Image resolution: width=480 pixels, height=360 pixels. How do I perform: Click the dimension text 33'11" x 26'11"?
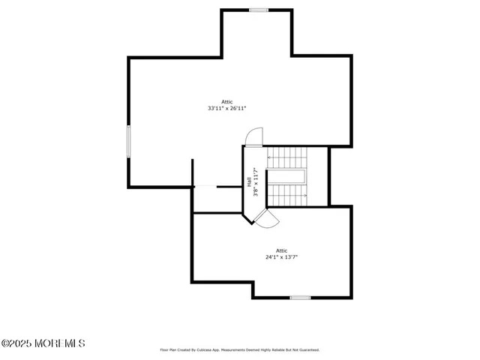(226, 109)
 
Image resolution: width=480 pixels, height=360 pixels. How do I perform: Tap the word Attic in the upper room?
(226, 101)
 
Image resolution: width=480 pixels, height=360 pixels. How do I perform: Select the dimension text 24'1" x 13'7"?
(281, 257)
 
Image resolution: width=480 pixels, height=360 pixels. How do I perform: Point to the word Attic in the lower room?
(281, 250)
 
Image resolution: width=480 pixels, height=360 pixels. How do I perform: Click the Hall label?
(249, 182)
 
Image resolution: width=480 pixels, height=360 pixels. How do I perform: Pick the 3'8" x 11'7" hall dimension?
(256, 182)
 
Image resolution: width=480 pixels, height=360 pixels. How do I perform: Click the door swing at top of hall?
(253, 136)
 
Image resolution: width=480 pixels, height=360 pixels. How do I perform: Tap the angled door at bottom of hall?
(265, 217)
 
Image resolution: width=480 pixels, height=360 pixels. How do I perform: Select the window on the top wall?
(259, 10)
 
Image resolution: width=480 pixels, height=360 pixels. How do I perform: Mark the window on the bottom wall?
(300, 298)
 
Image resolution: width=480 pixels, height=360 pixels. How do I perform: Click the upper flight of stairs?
(288, 157)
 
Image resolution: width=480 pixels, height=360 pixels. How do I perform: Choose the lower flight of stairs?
(288, 195)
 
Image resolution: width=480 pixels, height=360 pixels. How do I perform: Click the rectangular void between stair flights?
(287, 177)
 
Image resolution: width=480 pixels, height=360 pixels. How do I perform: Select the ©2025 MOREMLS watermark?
(43, 343)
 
